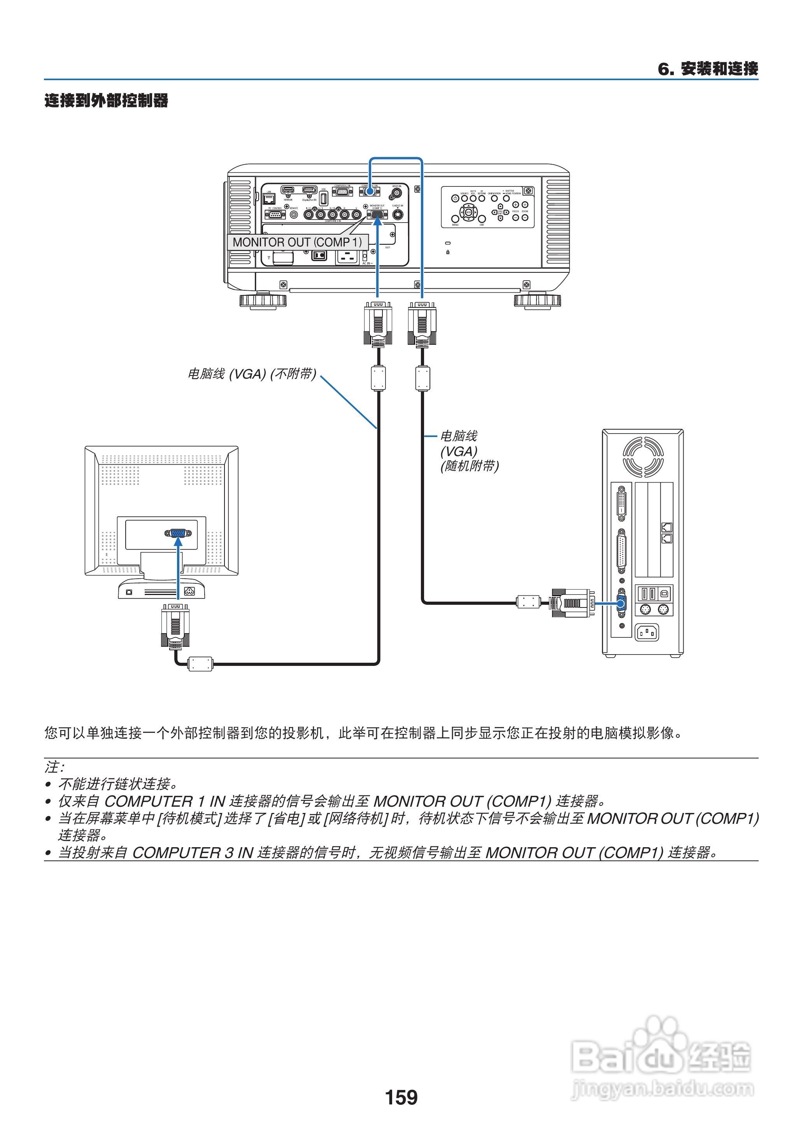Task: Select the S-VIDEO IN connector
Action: (398, 215)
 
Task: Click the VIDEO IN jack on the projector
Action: (396, 193)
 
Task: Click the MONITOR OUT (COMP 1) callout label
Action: (297, 242)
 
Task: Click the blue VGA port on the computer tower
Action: (621, 603)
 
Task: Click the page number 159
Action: (401, 1097)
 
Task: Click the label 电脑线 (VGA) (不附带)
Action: (251, 374)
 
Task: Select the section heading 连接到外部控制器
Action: (106, 100)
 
